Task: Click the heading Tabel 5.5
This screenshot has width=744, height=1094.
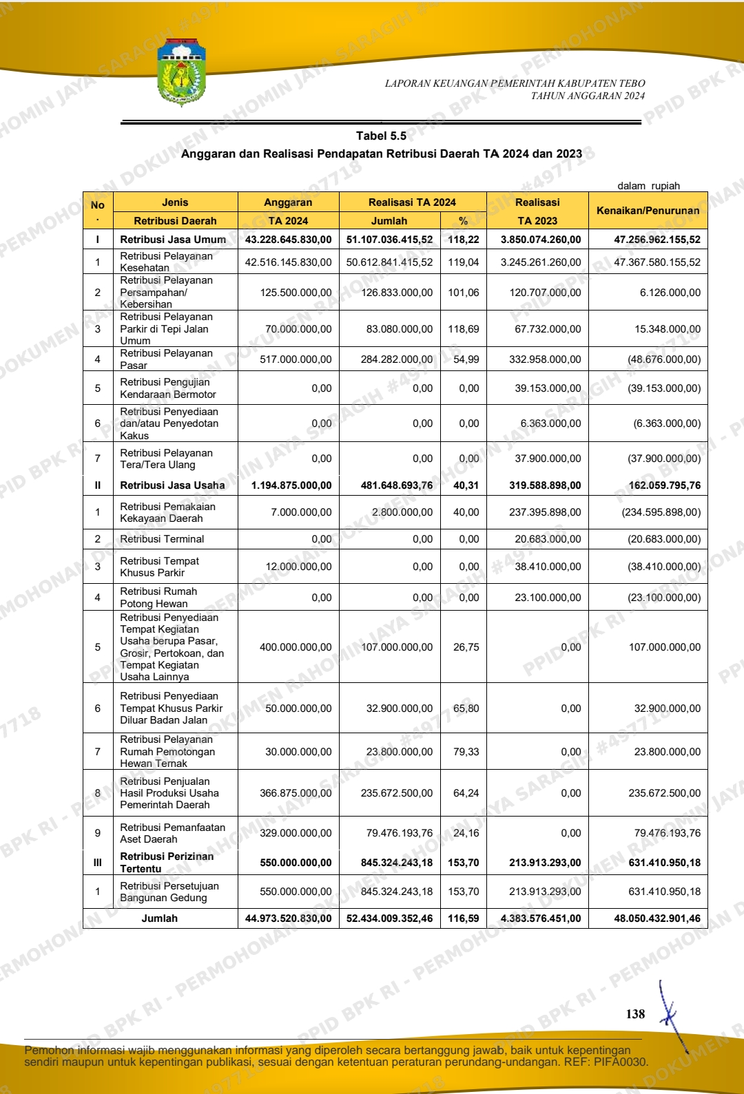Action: click(x=381, y=136)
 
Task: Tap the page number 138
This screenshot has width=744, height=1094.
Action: click(x=635, y=1013)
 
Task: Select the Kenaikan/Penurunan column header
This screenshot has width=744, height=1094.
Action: click(x=648, y=211)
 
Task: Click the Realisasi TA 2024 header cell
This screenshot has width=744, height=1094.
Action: click(x=412, y=202)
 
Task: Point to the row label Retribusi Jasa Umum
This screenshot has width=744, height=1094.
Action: click(x=173, y=240)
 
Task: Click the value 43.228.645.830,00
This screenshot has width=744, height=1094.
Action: click(x=288, y=240)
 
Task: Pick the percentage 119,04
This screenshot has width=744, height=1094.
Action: click(x=464, y=262)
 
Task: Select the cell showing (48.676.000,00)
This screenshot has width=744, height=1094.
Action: click(x=664, y=359)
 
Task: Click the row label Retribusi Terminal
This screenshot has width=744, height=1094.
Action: click(x=162, y=539)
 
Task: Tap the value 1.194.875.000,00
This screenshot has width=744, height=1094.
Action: click(x=291, y=485)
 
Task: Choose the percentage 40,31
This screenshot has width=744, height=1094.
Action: click(x=466, y=485)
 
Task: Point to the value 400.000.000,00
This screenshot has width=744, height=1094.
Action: click(x=296, y=647)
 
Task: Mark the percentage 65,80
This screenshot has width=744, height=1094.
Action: click(x=466, y=708)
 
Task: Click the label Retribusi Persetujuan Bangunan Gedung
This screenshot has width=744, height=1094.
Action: click(x=169, y=892)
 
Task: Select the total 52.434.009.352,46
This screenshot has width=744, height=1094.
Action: click(x=390, y=918)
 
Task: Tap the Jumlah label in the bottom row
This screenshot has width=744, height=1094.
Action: click(x=160, y=918)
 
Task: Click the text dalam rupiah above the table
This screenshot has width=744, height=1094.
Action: click(x=648, y=186)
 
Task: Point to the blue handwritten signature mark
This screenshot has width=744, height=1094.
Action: click(x=671, y=1016)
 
